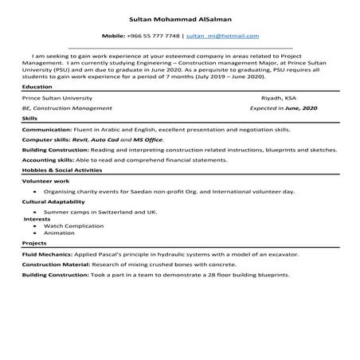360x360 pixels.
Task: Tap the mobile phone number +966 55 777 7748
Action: [153, 37]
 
